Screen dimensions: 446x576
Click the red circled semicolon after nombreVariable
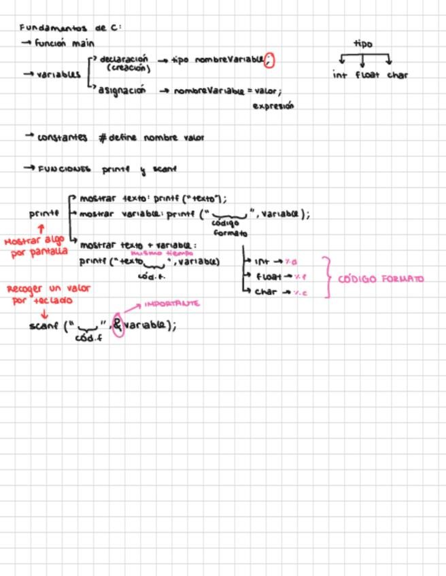coord(269,60)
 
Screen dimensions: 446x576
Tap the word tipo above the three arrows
coord(362,43)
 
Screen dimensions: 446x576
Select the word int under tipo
coord(340,75)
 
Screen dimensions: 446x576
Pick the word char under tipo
coord(398,75)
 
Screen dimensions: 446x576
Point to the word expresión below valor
coord(273,106)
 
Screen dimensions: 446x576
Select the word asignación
coord(122,90)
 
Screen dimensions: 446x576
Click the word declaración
coord(123,59)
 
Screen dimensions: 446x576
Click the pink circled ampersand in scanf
coord(118,325)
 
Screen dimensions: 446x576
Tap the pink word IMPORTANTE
coord(172,304)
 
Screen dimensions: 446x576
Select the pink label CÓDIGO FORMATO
coord(380,278)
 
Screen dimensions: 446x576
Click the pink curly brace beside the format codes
coord(328,277)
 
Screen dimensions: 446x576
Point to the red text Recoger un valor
coord(48,289)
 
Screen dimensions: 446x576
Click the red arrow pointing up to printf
coord(41,229)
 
